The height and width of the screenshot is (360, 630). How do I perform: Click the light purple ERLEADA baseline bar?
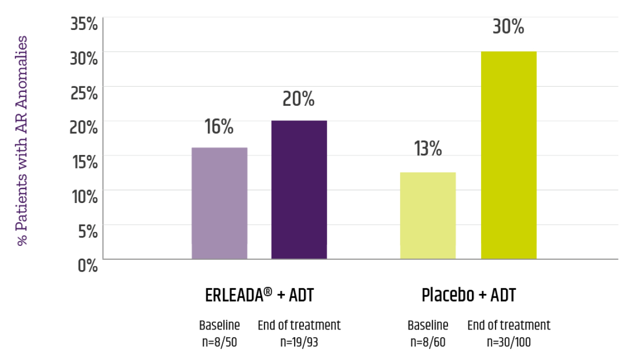(x=219, y=203)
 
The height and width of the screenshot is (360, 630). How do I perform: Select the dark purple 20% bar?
(x=299, y=190)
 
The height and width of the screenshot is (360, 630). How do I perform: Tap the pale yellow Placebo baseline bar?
(x=428, y=215)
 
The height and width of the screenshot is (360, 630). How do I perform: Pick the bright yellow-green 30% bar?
(x=509, y=155)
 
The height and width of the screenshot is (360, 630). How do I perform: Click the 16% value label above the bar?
(x=219, y=127)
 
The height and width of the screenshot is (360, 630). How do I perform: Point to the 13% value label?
(x=428, y=149)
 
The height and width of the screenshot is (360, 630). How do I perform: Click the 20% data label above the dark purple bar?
(x=299, y=99)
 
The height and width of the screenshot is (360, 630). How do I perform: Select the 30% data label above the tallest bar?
(x=508, y=27)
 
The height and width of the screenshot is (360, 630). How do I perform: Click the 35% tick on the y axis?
(x=84, y=24)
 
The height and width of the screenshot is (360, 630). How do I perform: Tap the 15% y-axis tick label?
(x=84, y=162)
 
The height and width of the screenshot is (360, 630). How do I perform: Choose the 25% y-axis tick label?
(x=84, y=93)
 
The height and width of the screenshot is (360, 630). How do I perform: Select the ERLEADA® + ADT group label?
(x=259, y=296)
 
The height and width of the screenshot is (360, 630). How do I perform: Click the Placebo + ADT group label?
(x=469, y=296)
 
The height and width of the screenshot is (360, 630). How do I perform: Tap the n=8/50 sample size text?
(x=219, y=341)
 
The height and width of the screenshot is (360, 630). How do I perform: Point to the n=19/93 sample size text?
(x=299, y=341)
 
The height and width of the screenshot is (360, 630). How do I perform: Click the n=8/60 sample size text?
(x=428, y=341)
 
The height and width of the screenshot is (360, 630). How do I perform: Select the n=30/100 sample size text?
(x=509, y=341)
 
